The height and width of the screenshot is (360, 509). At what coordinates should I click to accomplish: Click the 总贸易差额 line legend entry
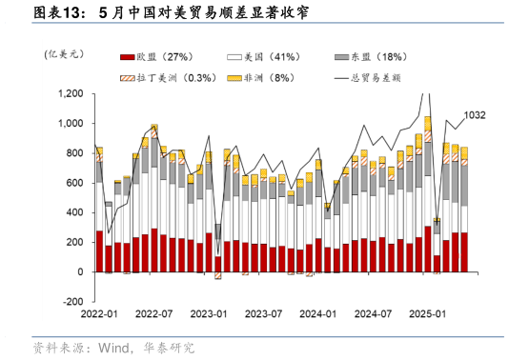[x=385, y=77]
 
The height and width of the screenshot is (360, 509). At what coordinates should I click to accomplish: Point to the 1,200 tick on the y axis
[x=70, y=94]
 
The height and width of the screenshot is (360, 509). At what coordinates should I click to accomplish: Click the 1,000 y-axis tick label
[x=70, y=124]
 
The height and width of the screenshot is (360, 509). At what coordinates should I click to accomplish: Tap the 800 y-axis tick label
[x=74, y=153]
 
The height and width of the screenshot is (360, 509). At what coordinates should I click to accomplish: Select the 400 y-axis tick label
[x=74, y=212]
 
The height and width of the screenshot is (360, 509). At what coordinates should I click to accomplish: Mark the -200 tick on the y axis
[x=72, y=301]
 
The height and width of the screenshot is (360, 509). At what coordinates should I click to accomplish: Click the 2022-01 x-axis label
[x=99, y=313]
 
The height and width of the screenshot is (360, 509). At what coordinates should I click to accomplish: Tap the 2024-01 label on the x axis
[x=319, y=313]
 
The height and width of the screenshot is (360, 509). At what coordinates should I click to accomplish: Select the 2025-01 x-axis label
[x=428, y=313]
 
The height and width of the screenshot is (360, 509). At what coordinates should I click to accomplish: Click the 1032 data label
[x=475, y=115]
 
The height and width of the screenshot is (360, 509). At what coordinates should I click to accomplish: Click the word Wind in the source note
[x=114, y=348]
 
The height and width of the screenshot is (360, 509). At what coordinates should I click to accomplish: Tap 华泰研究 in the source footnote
[x=168, y=348]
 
